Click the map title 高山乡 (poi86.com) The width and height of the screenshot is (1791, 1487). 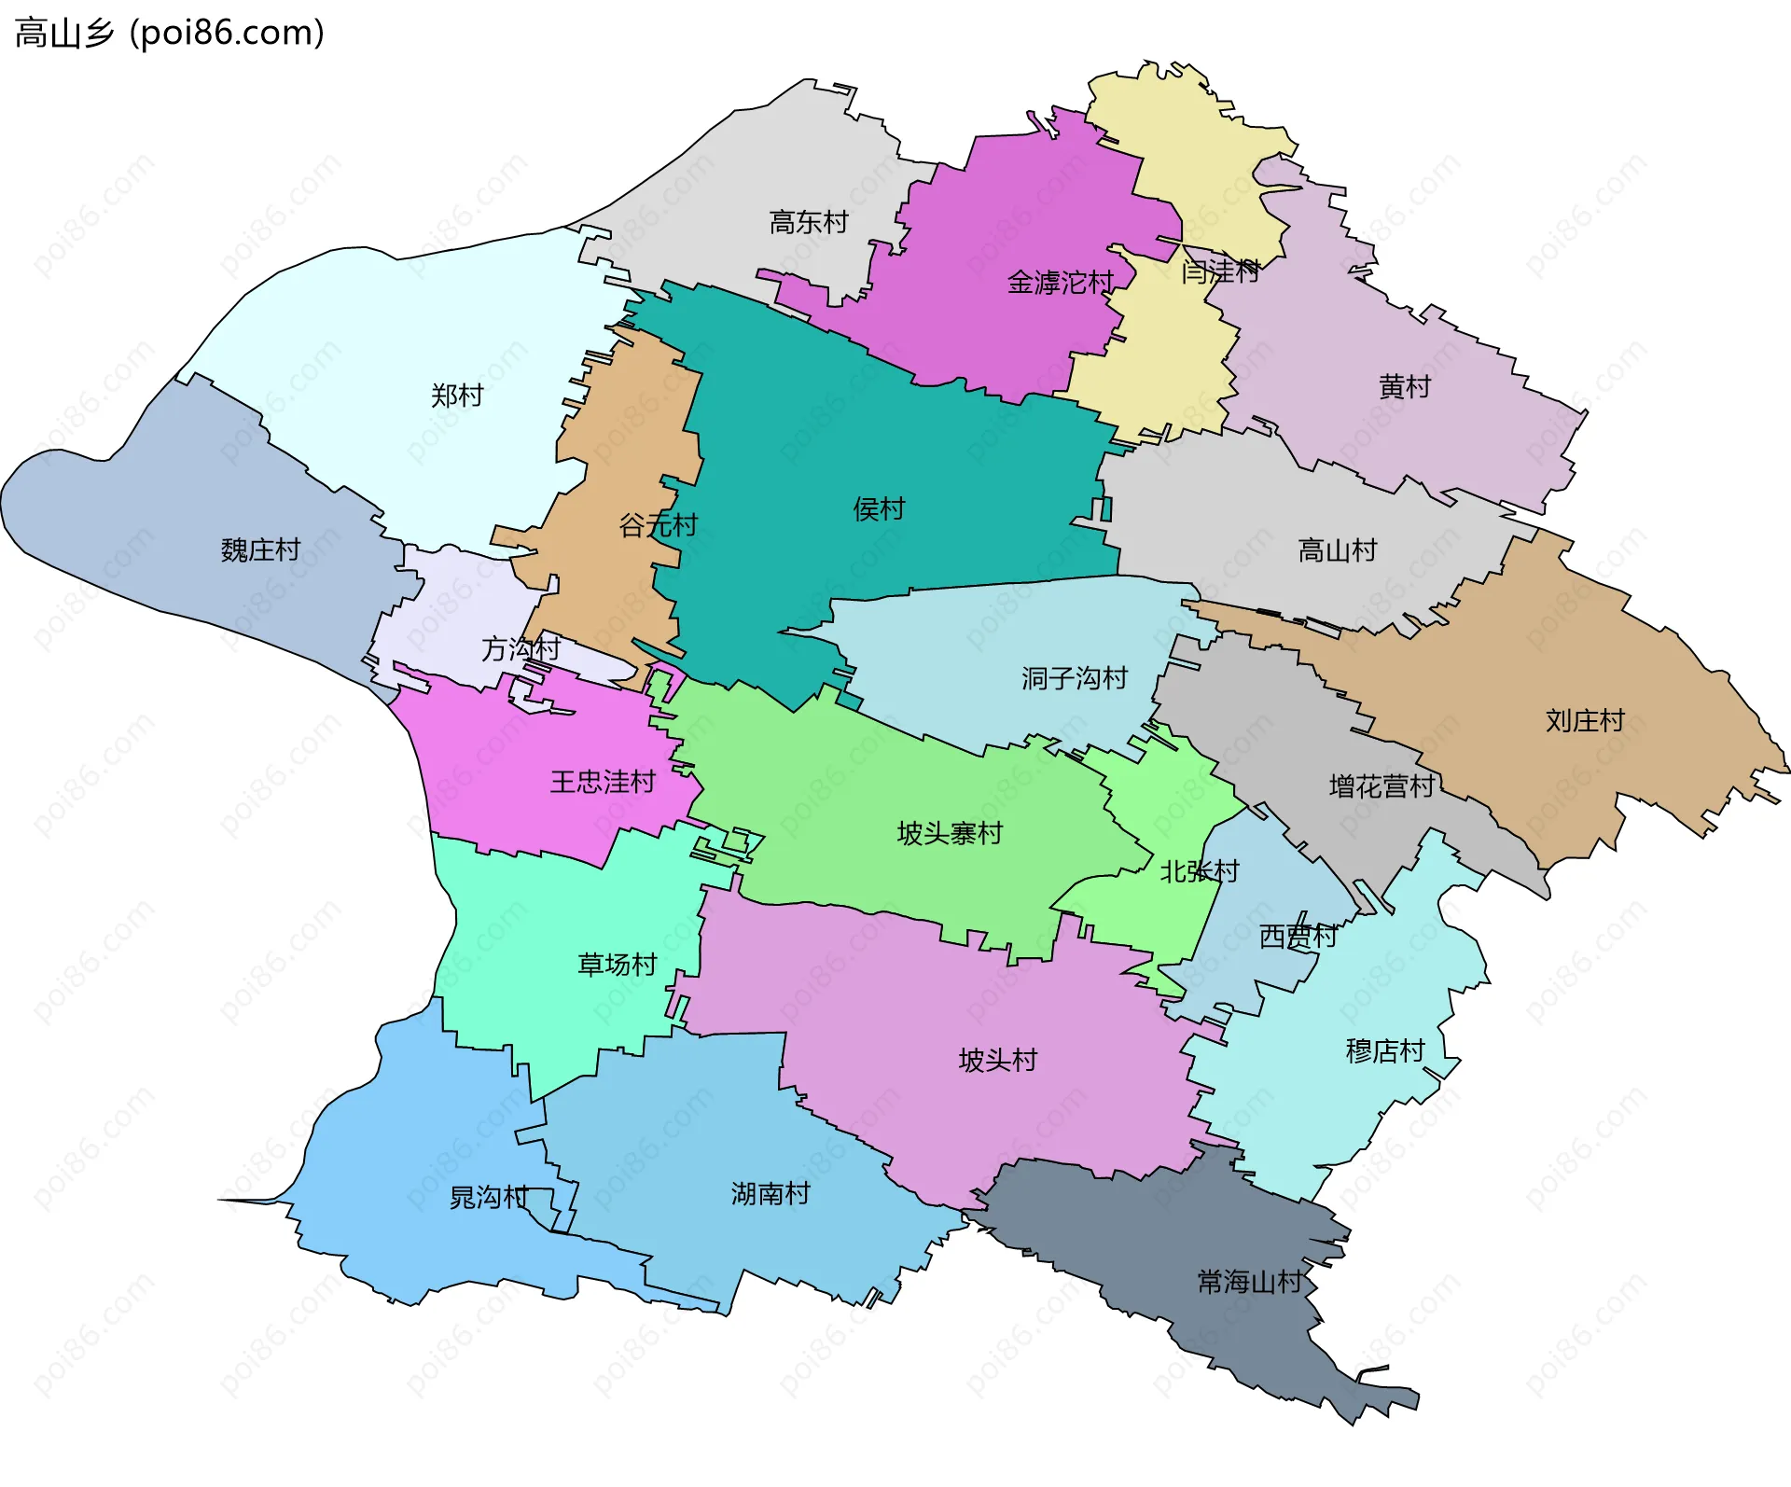coord(170,34)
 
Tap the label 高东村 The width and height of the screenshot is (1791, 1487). coord(808,222)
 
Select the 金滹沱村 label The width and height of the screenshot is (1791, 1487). coord(1061,282)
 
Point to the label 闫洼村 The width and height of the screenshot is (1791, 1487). coord(1220,271)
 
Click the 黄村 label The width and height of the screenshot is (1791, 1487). coord(1404,386)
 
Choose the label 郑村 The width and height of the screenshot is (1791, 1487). coord(457,396)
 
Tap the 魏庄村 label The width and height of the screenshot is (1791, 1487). coord(260,549)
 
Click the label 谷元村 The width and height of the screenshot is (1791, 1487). coord(658,525)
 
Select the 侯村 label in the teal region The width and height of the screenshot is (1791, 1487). coord(879,508)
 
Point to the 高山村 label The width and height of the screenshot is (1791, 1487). coord(1337,550)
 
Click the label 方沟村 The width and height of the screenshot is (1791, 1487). coord(520,648)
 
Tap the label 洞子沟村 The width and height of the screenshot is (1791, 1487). coord(1074,677)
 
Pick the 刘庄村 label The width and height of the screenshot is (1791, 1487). coord(1584,720)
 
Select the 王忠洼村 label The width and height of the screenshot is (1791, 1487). coord(603,782)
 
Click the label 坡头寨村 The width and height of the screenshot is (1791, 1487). coord(949,833)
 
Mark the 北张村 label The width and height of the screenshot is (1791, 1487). coord(1199,871)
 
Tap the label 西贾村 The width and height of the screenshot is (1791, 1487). coord(1298,936)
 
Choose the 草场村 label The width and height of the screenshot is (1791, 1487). coord(618,964)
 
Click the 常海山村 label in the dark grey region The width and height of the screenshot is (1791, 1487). coord(1249,1282)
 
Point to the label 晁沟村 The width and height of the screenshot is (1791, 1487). coord(488,1197)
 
